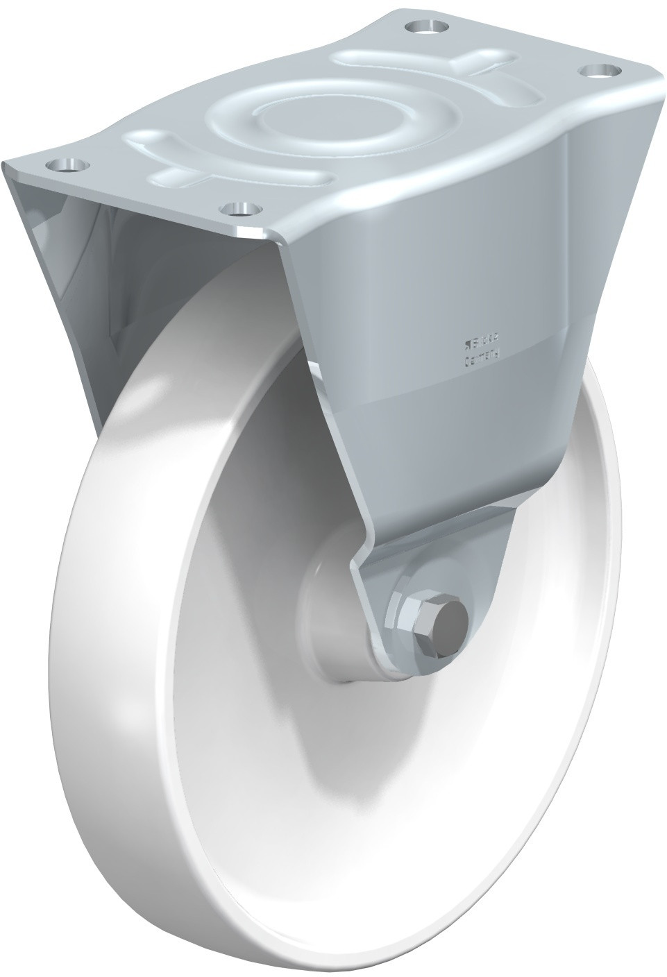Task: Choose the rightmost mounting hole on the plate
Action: click(x=600, y=71)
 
